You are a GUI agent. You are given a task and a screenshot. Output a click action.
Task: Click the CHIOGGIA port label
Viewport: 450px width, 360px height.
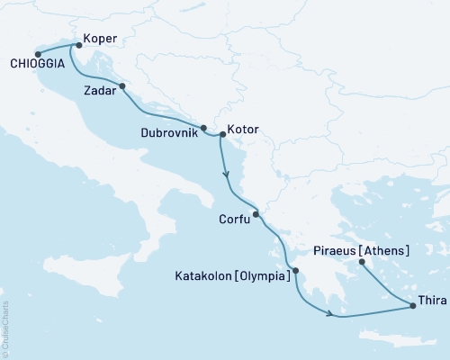(37, 65)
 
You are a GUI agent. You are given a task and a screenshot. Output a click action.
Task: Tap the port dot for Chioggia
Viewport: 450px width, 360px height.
(37, 53)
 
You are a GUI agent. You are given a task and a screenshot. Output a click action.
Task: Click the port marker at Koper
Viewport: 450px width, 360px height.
(78, 44)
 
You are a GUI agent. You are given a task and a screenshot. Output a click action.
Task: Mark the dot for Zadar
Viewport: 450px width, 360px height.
(121, 87)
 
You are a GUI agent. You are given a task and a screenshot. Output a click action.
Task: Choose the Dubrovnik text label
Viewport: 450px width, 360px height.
(169, 132)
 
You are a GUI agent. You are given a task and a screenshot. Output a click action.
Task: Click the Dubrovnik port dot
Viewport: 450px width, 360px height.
(203, 128)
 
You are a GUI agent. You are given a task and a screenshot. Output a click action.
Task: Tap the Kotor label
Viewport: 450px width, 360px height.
(243, 130)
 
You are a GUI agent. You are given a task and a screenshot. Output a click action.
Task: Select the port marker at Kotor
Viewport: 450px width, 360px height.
(222, 135)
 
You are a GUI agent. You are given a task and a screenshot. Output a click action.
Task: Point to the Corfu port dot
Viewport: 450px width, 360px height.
(256, 214)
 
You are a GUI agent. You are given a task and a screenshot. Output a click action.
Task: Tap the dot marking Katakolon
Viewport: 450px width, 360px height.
(295, 270)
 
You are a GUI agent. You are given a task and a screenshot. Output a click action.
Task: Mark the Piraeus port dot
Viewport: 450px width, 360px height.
(362, 263)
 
